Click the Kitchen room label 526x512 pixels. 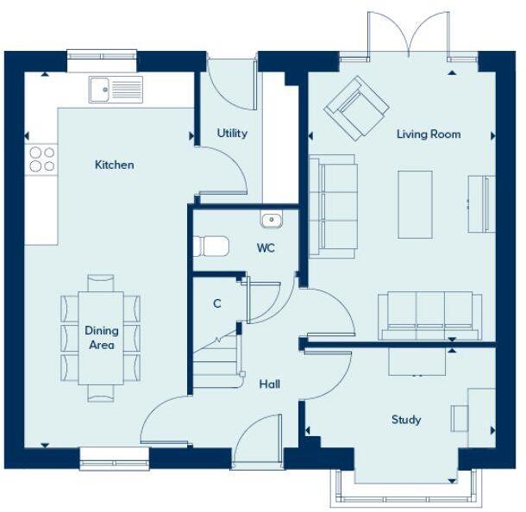114,165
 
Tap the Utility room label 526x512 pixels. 232,134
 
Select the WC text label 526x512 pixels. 266,247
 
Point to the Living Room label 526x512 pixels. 429,134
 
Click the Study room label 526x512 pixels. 406,420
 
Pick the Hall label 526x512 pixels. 269,384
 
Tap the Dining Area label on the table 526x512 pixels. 101,338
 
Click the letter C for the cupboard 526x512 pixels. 217,303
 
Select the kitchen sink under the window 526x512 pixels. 116,89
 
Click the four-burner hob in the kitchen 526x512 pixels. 42,159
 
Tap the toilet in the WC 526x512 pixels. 211,247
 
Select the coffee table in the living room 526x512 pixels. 415,204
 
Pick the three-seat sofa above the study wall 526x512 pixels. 429,315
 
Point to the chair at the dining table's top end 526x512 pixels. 101,282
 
